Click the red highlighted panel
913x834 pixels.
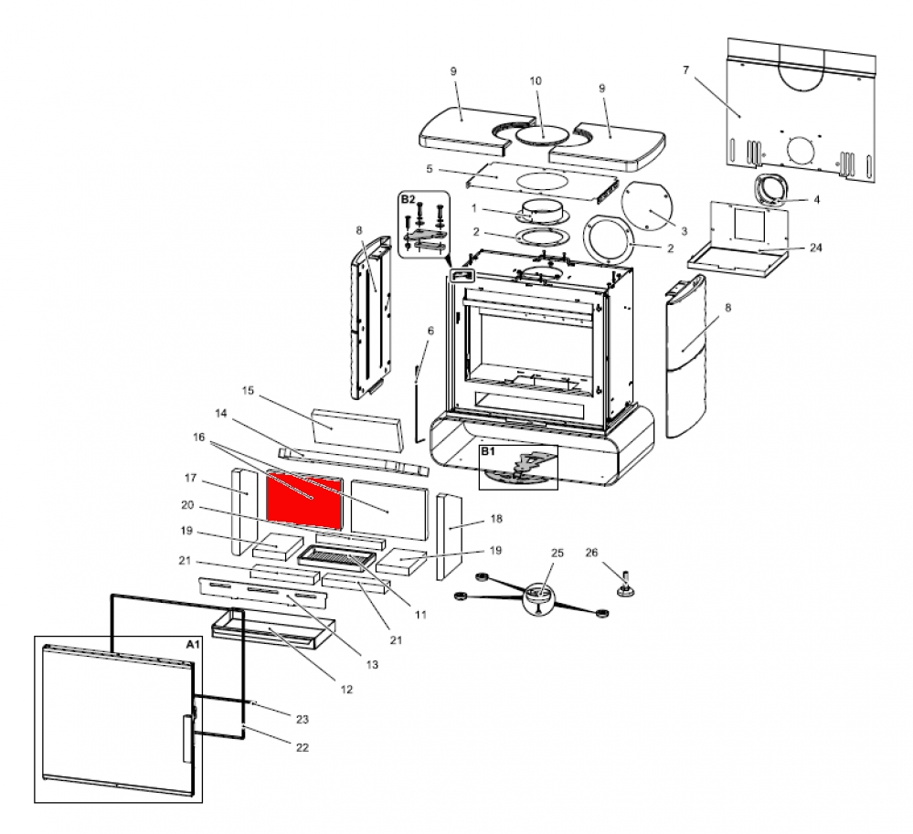click(303, 500)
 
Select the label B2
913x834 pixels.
click(408, 198)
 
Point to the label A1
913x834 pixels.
click(192, 644)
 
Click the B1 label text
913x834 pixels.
click(487, 451)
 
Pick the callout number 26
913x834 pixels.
click(591, 552)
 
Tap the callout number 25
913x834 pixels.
click(557, 554)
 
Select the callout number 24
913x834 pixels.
click(815, 247)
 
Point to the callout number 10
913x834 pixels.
click(536, 80)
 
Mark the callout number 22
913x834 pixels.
click(303, 747)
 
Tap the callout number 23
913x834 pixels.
click(303, 719)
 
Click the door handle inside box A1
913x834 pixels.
click(187, 738)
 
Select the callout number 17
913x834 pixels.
click(191, 478)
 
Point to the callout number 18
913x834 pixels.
click(496, 519)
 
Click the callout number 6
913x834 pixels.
click(430, 330)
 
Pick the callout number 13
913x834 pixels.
click(372, 665)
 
